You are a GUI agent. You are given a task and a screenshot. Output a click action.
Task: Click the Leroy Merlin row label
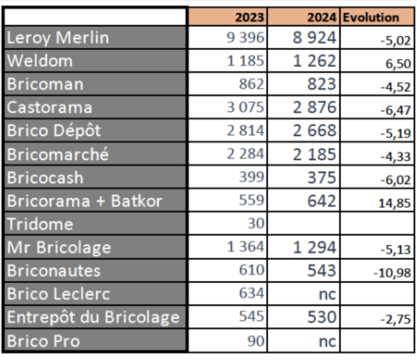point(58,38)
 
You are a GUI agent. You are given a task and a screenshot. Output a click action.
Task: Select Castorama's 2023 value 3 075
point(245,107)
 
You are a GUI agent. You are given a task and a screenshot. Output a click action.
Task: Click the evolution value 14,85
point(394,203)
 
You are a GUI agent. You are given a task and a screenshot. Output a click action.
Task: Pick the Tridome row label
point(40,224)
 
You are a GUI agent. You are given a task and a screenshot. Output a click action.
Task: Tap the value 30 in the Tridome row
point(256,223)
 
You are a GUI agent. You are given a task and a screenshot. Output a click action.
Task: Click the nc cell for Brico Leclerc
point(327,294)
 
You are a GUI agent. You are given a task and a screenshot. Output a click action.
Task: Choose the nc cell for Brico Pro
point(327,342)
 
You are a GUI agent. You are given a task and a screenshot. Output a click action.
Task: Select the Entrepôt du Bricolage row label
point(93,317)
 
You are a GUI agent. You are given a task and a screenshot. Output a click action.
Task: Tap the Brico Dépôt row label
point(54,130)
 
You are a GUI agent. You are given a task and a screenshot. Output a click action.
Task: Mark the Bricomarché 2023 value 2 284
point(245,153)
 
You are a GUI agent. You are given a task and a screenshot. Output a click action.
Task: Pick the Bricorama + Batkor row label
point(85,201)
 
